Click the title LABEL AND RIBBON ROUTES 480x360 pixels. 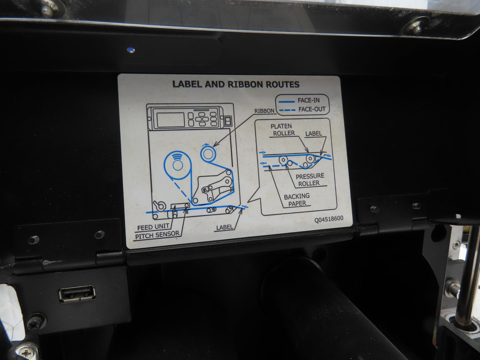click(236, 84)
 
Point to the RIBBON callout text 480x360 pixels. click(264, 111)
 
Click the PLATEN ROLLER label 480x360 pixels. click(282, 130)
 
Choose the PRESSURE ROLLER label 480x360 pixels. click(310, 180)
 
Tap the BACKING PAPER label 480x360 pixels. click(297, 200)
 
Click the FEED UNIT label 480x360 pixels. click(153, 228)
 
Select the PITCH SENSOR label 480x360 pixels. click(157, 235)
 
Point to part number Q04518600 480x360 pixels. click(329, 219)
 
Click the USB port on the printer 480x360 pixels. click(77, 294)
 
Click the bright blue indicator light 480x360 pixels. click(131, 50)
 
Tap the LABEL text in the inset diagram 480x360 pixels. click(314, 134)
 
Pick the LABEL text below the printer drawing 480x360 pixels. click(225, 228)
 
